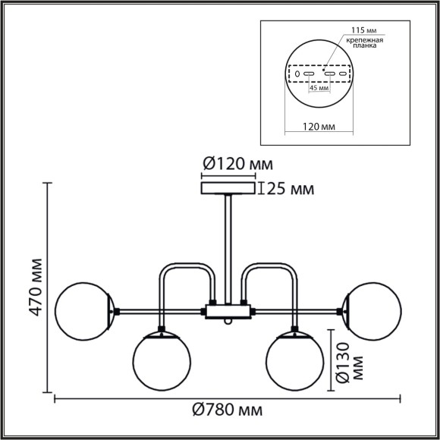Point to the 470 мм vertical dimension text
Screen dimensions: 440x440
[x=33, y=288]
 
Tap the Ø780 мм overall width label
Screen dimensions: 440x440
[x=228, y=410]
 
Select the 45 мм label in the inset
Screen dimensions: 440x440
[x=319, y=89]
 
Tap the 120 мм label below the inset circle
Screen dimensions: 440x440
[x=319, y=127]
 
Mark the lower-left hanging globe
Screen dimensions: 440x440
[x=161, y=360]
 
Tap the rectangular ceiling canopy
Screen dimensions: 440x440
[x=228, y=187]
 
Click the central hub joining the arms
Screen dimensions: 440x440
[x=228, y=310]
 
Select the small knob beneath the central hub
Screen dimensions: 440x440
[x=228, y=322]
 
